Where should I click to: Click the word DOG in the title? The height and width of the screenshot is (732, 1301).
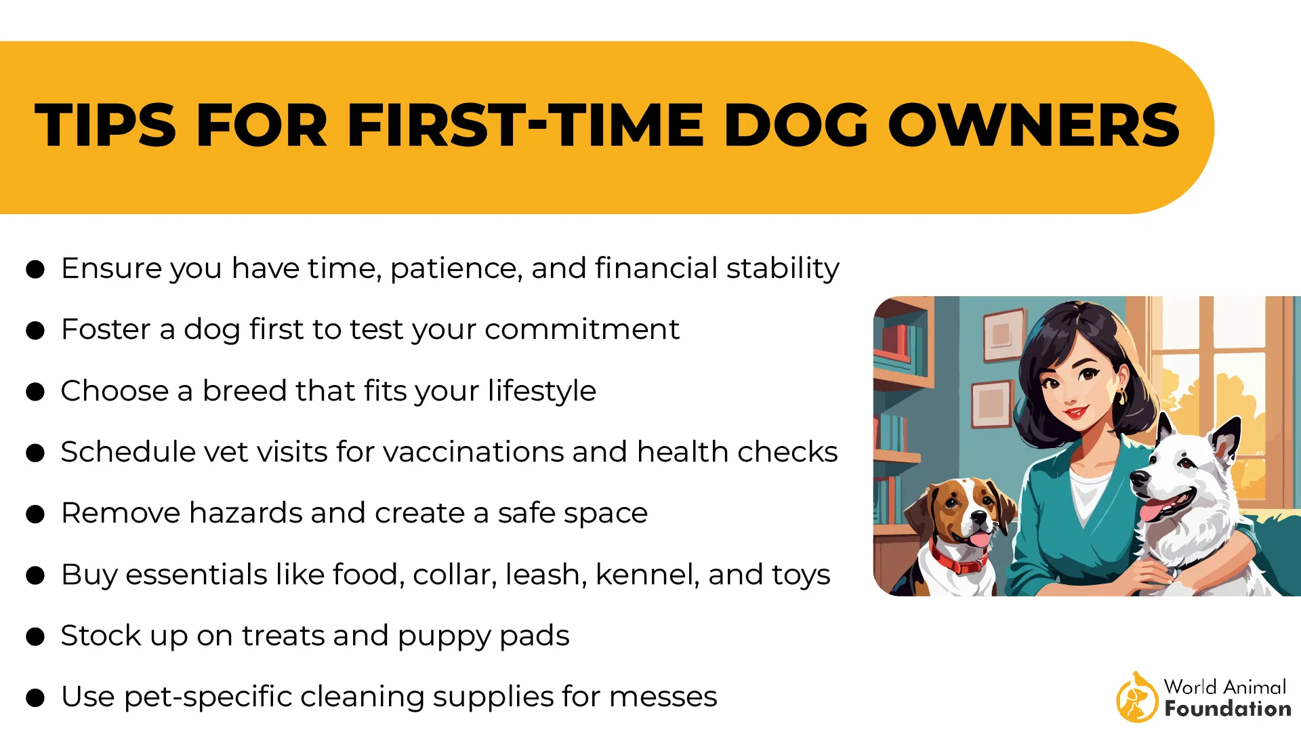click(796, 125)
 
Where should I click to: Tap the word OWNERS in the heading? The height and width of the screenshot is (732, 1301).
click(1034, 125)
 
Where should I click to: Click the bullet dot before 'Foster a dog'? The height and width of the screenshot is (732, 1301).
click(35, 331)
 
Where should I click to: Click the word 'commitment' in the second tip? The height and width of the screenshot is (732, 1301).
click(581, 329)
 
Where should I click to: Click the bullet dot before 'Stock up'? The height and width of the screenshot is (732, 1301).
click(35, 637)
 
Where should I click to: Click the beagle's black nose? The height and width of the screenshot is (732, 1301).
click(978, 518)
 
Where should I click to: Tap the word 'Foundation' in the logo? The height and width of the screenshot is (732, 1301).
click(1228, 709)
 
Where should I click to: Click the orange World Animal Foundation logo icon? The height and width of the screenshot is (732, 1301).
click(1136, 697)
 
